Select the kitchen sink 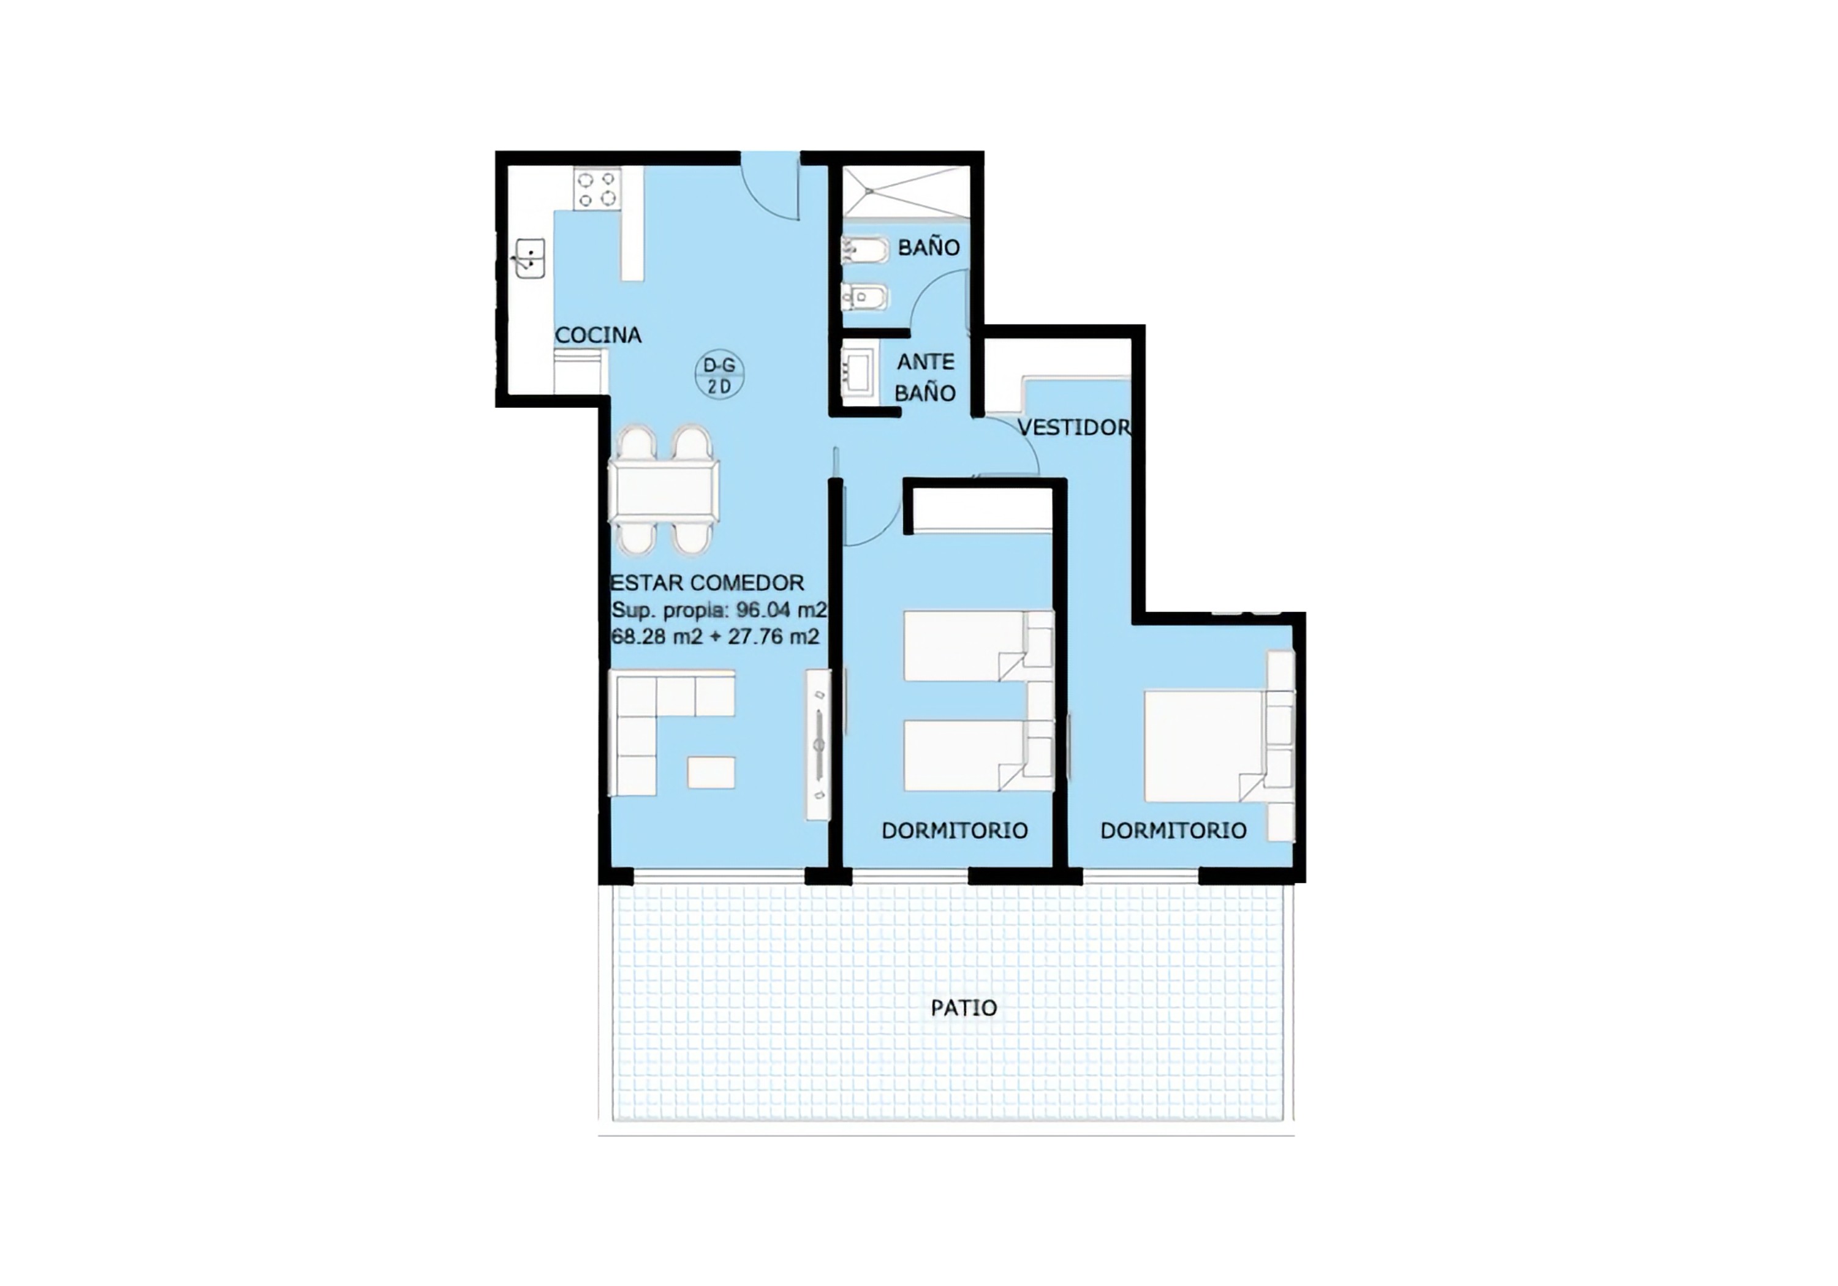click(x=529, y=258)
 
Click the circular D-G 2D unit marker click(x=719, y=375)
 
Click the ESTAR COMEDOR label click(x=707, y=582)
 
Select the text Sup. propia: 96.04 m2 click(x=719, y=610)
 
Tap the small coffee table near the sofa click(x=711, y=772)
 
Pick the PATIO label click(x=964, y=1007)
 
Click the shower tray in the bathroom click(x=906, y=192)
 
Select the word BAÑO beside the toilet click(x=929, y=247)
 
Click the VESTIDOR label click(x=1074, y=427)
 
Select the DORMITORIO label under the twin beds click(x=954, y=830)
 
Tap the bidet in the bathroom click(x=863, y=298)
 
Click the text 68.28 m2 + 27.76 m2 click(x=715, y=637)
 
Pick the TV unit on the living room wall click(x=818, y=744)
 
